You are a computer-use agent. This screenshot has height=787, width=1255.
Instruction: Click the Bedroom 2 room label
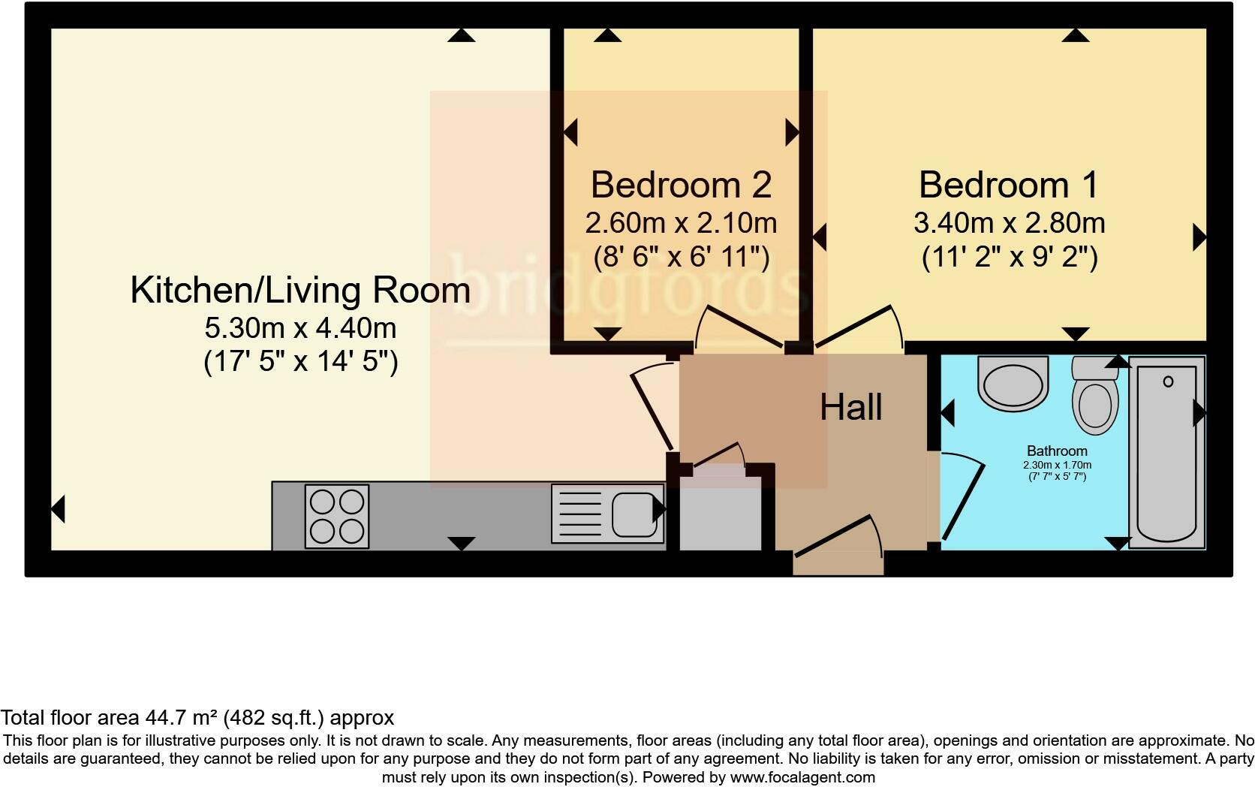pyautogui.click(x=681, y=185)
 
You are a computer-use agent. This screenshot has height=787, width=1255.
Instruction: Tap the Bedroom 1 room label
pyautogui.click(x=1009, y=185)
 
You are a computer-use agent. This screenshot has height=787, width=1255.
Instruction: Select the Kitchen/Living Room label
pyautogui.click(x=300, y=291)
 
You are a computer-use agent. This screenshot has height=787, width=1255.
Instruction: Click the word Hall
pyautogui.click(x=850, y=407)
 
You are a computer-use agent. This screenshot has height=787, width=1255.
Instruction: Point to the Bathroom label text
pyautogui.click(x=1057, y=451)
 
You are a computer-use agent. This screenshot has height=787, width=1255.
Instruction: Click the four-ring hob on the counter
pyautogui.click(x=336, y=516)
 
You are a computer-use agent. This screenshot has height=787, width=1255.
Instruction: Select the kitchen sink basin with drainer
pyautogui.click(x=608, y=514)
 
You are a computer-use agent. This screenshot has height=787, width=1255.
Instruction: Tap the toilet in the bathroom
pyautogui.click(x=1095, y=398)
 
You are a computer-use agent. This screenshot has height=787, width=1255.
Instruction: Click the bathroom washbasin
pyautogui.click(x=1013, y=384)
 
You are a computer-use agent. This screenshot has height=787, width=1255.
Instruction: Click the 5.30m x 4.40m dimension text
pyautogui.click(x=300, y=328)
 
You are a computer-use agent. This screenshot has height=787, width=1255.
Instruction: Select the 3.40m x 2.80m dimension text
pyautogui.click(x=1009, y=223)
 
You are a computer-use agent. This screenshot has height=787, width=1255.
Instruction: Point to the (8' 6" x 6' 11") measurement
pyautogui.click(x=681, y=258)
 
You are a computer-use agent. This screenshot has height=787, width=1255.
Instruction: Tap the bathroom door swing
pyautogui.click(x=961, y=496)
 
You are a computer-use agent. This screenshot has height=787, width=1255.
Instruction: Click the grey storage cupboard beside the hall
pyautogui.click(x=720, y=518)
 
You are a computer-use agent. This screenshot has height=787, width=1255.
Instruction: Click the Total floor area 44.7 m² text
pyautogui.click(x=197, y=718)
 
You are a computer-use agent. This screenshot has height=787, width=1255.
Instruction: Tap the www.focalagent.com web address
pyautogui.click(x=802, y=778)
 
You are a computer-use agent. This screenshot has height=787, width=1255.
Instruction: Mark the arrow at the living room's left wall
pyautogui.click(x=58, y=509)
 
